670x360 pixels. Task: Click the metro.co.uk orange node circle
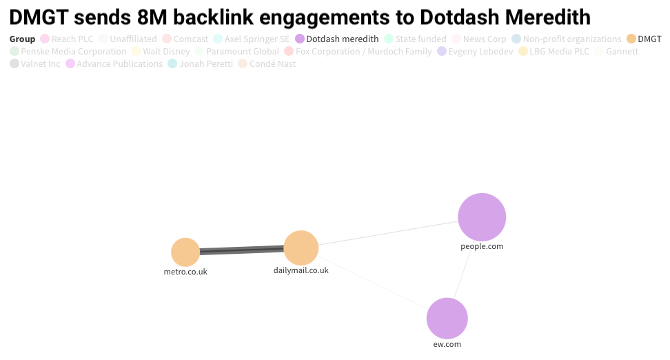click(x=185, y=252)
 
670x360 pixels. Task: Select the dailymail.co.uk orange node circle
click(x=301, y=248)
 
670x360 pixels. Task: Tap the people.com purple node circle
click(x=482, y=217)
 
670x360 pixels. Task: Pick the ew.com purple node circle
click(x=447, y=319)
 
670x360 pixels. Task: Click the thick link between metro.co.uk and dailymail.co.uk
click(x=241, y=250)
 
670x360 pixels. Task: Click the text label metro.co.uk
click(x=185, y=272)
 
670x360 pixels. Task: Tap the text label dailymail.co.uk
click(x=301, y=270)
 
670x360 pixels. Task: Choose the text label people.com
click(x=482, y=246)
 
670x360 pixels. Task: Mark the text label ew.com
click(x=447, y=343)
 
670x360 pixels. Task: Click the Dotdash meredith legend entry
click(x=336, y=39)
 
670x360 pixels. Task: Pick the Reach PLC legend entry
click(x=66, y=39)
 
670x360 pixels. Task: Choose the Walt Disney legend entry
click(x=160, y=52)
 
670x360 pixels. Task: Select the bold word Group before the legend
click(x=22, y=39)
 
